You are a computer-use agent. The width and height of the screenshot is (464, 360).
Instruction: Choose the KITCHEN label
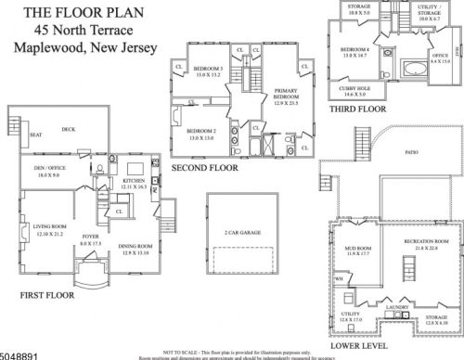tap(134, 182)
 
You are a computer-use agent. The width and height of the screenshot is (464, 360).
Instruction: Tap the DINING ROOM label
tap(135, 246)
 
